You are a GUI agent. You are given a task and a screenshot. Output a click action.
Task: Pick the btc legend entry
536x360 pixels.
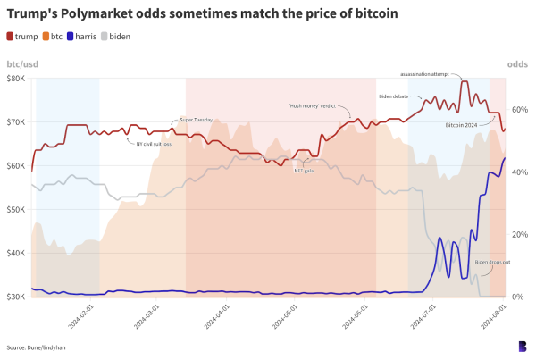click(55, 36)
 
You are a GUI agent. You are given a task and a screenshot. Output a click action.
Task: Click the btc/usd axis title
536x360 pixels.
click(22, 65)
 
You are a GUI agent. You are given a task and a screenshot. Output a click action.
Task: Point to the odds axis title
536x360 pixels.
click(517, 65)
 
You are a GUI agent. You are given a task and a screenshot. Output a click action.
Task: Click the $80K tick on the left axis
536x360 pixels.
click(15, 79)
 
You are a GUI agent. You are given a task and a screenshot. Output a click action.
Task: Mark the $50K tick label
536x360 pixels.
click(15, 209)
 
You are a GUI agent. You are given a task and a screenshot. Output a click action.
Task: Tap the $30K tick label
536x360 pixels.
click(15, 297)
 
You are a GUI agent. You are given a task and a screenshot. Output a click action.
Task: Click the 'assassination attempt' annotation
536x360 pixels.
click(424, 75)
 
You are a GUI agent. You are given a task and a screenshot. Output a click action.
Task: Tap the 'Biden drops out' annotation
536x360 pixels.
click(492, 262)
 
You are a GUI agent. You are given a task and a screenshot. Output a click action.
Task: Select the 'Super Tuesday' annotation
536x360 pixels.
click(197, 119)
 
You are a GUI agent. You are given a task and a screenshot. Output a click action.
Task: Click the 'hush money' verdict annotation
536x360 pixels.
click(306, 105)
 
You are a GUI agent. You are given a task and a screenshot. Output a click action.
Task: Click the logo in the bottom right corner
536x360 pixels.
click(522, 346)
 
